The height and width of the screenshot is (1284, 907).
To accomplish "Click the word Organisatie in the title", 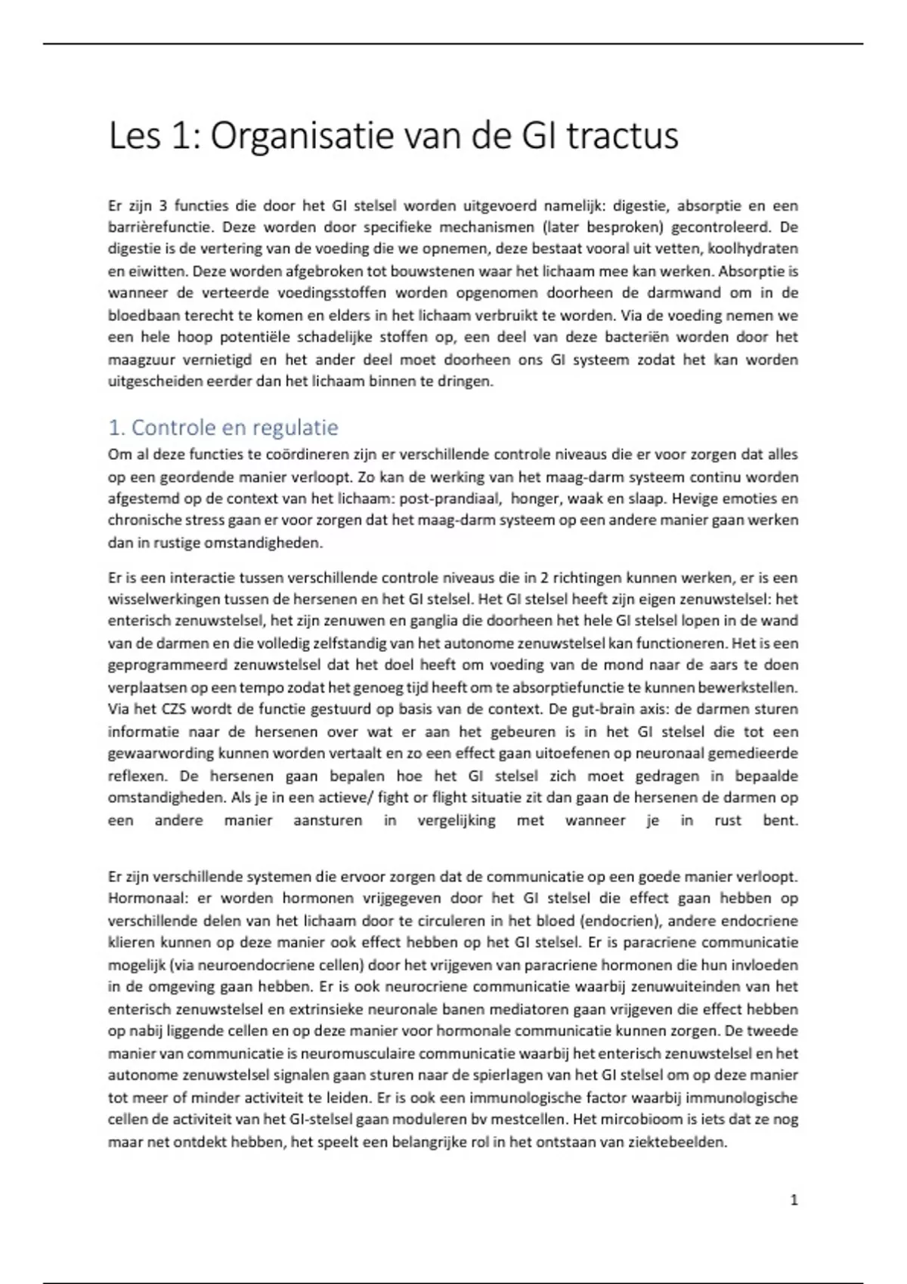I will point(301,137).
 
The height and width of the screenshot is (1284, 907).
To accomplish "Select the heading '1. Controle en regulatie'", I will point(223,428).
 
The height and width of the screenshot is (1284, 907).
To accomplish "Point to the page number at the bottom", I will point(794,1200).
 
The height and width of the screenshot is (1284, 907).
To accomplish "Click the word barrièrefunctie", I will point(154,227).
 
